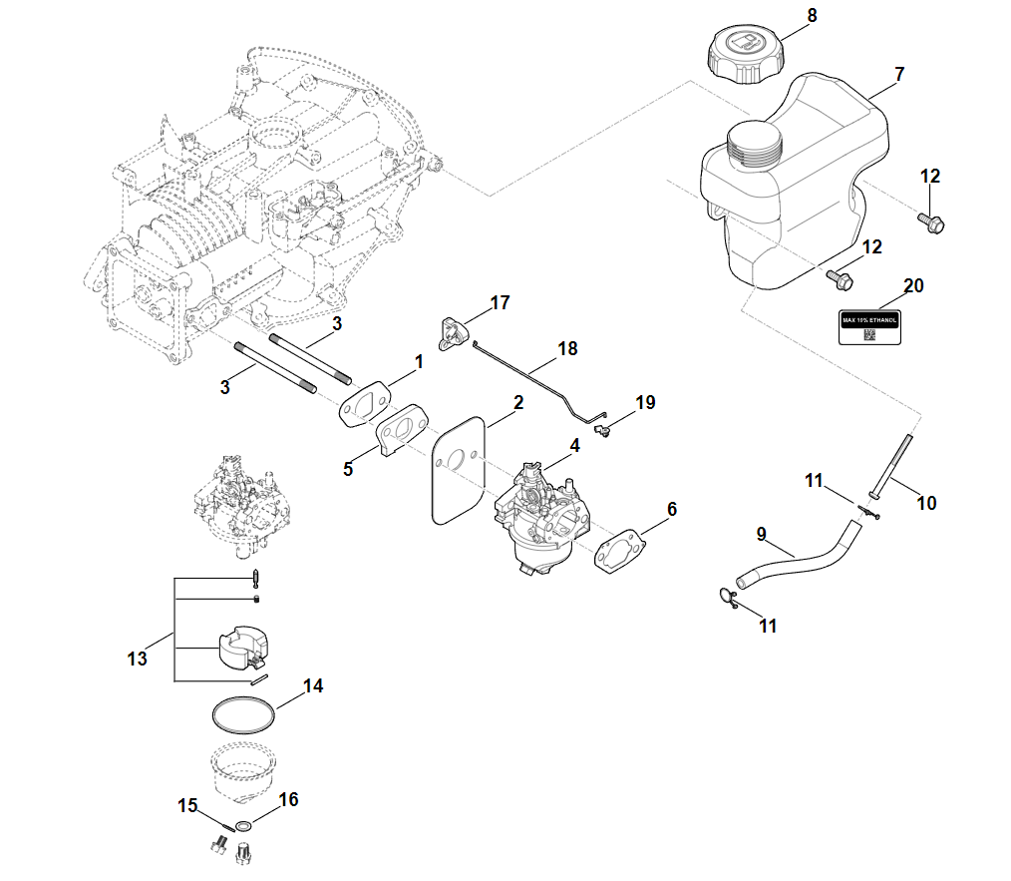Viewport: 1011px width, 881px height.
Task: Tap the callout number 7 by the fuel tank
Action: [899, 75]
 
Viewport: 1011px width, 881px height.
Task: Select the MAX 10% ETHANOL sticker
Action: [869, 324]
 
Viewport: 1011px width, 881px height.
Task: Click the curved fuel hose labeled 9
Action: [798, 554]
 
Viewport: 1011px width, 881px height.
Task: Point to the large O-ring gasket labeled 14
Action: [243, 716]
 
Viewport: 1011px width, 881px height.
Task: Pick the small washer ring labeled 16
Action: [243, 827]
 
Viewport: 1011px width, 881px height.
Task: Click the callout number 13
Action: [137, 659]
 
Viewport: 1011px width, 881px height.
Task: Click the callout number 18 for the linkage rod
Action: [567, 348]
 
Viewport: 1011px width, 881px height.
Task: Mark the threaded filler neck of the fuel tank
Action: [754, 148]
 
